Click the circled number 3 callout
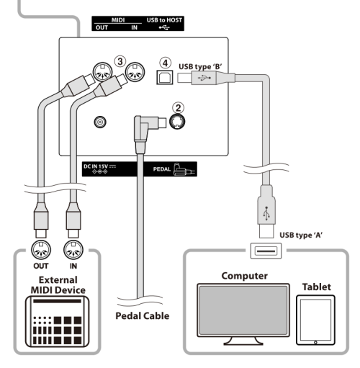pos(120,61)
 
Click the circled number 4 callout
pos(166,63)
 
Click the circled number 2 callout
pos(178,108)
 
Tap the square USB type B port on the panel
pos(165,77)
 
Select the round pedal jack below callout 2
pos(177,122)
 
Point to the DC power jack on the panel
pos(100,122)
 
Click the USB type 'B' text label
pos(200,66)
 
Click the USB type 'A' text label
pos(301,235)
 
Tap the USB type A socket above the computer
pos(266,251)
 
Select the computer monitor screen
pos(243,310)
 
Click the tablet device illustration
pos(315,320)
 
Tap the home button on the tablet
pos(315,342)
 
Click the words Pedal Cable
pos(143,316)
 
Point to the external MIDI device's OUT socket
pos(41,250)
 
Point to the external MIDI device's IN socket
pos(73,250)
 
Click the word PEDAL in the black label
pos(162,169)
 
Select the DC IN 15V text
pos(96,166)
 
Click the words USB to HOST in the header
pos(164,20)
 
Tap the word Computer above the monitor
pos(245,276)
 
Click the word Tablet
pos(316,287)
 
